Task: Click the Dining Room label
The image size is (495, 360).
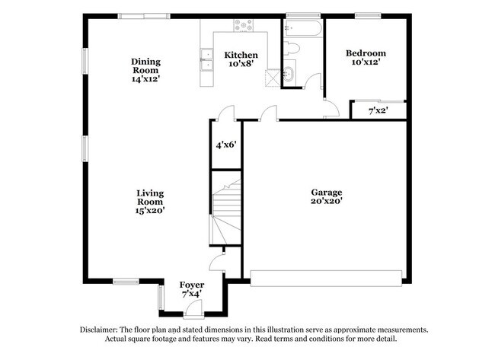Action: [145, 66]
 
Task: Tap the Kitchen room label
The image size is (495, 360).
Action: [241, 56]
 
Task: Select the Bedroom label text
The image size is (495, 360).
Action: [366, 53]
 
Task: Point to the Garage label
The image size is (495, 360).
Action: [326, 193]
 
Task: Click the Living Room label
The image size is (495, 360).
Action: [150, 198]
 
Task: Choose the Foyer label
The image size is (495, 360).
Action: [192, 284]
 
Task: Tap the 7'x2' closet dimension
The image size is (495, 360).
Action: [378, 111]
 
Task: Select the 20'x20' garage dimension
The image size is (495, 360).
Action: [326, 202]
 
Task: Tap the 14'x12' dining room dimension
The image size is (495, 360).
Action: [145, 78]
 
